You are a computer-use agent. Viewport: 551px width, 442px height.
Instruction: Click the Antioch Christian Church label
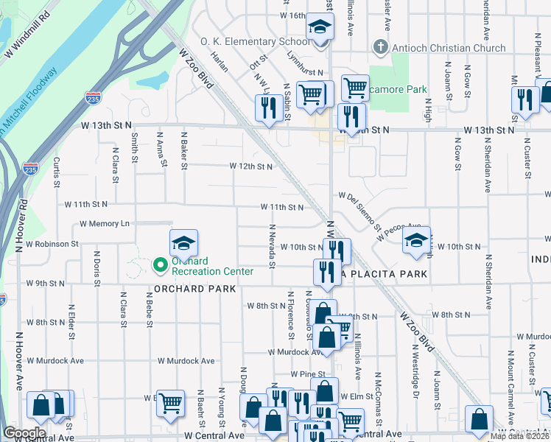click(449, 49)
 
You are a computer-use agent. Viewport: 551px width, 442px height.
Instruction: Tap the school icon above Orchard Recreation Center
click(183, 242)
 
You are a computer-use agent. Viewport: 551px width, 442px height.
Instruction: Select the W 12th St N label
click(251, 166)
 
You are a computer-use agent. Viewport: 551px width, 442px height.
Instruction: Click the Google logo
click(24, 432)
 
